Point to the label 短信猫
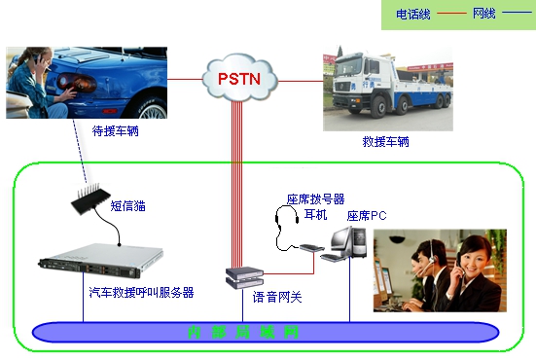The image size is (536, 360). click(x=127, y=206)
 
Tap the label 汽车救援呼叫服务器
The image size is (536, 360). click(x=140, y=291)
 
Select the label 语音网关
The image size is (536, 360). click(x=277, y=297)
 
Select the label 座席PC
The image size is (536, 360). click(x=367, y=215)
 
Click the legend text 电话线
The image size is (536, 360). click(x=412, y=15)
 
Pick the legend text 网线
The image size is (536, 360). click(x=483, y=15)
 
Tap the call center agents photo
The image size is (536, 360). click(x=440, y=270)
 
